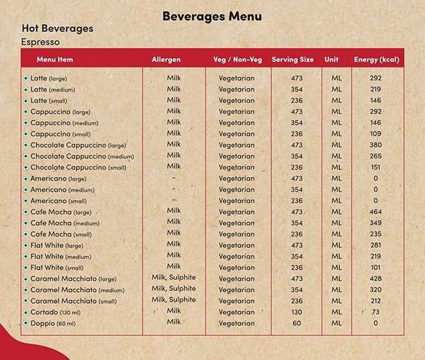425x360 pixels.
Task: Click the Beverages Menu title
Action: [x=212, y=16]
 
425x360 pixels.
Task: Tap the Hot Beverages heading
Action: [x=58, y=29]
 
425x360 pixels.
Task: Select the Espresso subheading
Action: [x=41, y=42]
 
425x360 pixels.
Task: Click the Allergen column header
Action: [x=166, y=60]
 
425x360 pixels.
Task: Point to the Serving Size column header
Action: [x=292, y=60]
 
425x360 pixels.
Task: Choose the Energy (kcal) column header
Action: [x=376, y=60]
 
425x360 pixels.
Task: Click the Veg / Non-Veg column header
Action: [x=237, y=60]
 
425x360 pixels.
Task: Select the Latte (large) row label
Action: [x=48, y=79]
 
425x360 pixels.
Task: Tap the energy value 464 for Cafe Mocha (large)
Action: [x=375, y=212]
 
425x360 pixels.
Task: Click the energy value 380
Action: [x=375, y=145]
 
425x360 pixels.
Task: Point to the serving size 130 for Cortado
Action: [x=297, y=312]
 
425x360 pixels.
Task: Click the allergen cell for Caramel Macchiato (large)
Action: [x=173, y=278]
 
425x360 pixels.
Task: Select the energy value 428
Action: [x=375, y=279]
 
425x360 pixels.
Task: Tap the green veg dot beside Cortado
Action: [x=25, y=312]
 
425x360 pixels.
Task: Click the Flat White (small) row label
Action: [x=56, y=268]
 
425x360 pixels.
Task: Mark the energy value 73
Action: [x=375, y=312]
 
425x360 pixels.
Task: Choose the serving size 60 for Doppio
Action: [x=297, y=323]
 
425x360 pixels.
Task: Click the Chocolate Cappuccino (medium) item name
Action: [x=82, y=156]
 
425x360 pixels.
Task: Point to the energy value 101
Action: [x=375, y=268]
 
